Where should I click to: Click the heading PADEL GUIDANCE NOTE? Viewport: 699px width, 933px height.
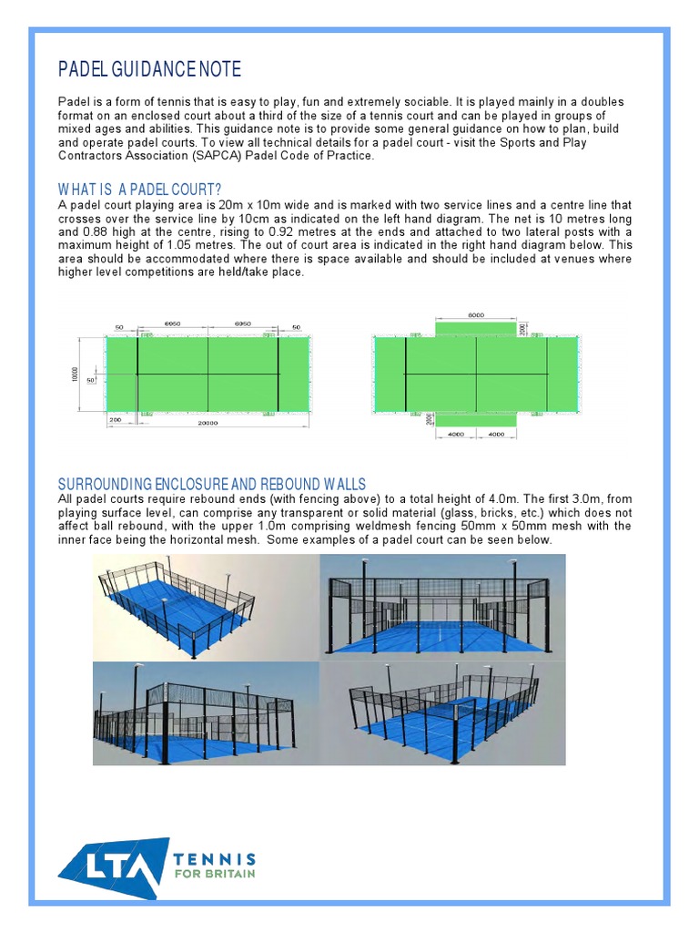tap(150, 70)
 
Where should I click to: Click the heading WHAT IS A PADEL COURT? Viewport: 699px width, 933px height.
tap(140, 190)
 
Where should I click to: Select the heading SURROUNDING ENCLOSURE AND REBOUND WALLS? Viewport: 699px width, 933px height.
tap(212, 483)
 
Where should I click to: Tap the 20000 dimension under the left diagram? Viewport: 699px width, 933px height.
tap(208, 424)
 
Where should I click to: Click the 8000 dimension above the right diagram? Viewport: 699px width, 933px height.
tap(476, 314)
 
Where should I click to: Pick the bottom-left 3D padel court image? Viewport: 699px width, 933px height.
tap(206, 713)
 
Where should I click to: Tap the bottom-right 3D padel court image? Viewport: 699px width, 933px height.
tap(442, 713)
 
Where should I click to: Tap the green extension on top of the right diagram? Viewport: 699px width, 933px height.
tap(476, 328)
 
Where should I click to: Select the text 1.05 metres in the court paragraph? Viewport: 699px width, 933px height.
tap(158, 246)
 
